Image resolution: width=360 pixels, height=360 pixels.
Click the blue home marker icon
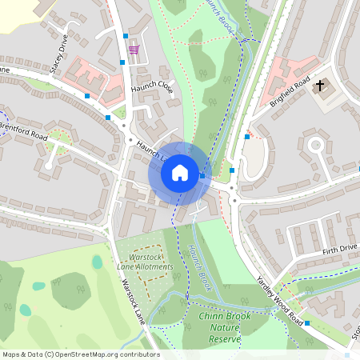click(180, 173)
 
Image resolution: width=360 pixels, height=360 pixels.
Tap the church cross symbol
click(320, 85)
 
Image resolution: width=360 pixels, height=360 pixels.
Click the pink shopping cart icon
click(134, 50)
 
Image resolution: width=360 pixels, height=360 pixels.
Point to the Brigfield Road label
click(290, 90)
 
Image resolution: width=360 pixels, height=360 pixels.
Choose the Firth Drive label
click(340, 250)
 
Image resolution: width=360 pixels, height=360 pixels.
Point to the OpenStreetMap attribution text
click(80, 354)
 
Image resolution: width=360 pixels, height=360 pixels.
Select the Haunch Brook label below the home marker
click(198, 266)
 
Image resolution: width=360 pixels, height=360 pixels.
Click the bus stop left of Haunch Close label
click(87, 96)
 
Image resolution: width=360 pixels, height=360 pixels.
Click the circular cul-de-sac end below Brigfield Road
click(316, 146)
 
